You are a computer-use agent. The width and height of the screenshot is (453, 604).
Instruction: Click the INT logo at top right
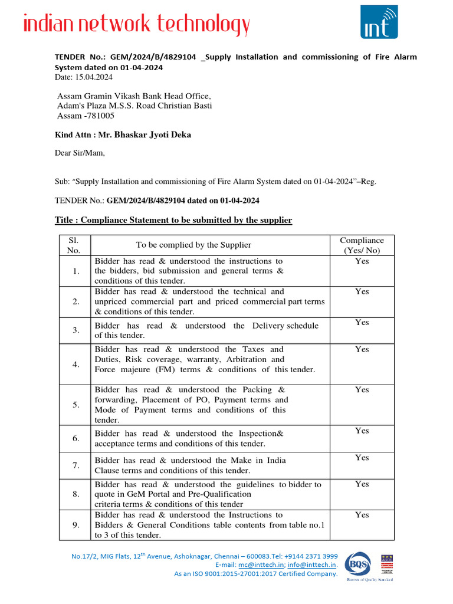click(379, 22)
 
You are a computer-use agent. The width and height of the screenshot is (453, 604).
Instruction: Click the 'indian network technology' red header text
click(136, 25)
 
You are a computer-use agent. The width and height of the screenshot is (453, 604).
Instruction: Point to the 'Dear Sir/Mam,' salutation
click(80, 153)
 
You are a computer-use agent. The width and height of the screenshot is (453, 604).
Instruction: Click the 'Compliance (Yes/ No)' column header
click(362, 245)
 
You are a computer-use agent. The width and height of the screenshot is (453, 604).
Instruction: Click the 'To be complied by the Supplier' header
click(193, 245)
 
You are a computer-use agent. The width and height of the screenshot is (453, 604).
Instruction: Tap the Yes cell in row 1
click(362, 261)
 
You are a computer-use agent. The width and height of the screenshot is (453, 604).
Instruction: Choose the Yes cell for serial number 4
click(362, 350)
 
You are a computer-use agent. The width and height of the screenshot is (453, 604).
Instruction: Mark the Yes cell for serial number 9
click(362, 515)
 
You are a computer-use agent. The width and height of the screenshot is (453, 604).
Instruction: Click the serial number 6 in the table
click(75, 439)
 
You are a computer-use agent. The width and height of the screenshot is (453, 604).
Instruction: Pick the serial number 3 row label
click(75, 330)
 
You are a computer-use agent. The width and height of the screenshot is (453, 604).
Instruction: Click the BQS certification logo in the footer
click(359, 564)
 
